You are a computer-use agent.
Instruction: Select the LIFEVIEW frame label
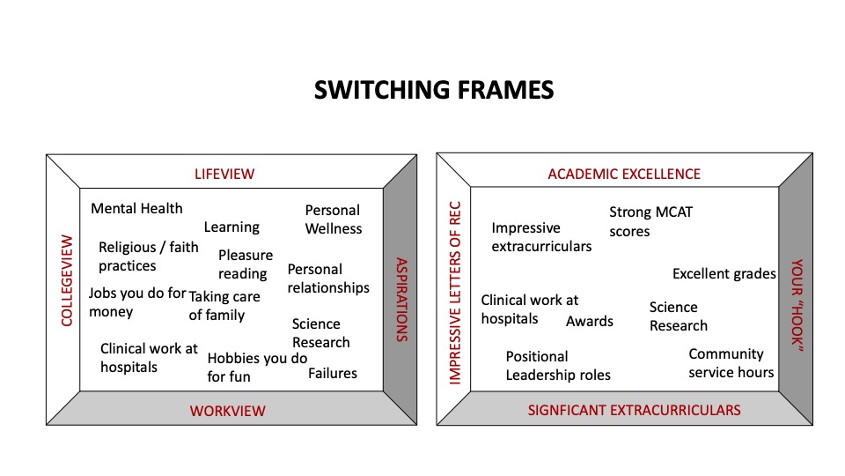click(x=224, y=174)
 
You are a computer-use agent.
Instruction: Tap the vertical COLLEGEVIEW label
click(x=66, y=280)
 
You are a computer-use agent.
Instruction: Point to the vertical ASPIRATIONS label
click(x=400, y=300)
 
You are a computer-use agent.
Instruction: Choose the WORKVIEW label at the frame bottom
click(x=227, y=411)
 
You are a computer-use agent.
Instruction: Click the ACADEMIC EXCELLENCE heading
click(x=624, y=174)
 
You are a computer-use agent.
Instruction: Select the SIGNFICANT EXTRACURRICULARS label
click(x=634, y=410)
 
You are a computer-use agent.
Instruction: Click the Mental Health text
click(x=137, y=209)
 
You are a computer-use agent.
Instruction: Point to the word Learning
click(x=231, y=227)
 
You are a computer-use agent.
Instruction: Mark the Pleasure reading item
click(x=246, y=264)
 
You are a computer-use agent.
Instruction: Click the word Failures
click(x=333, y=373)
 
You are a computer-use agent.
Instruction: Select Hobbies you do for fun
click(x=257, y=368)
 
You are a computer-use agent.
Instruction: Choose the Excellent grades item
click(x=724, y=274)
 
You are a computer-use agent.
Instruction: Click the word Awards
click(x=590, y=321)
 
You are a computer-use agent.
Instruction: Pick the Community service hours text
click(x=731, y=363)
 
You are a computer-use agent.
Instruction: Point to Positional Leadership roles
click(x=558, y=366)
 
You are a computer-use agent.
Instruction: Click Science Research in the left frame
click(x=320, y=333)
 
